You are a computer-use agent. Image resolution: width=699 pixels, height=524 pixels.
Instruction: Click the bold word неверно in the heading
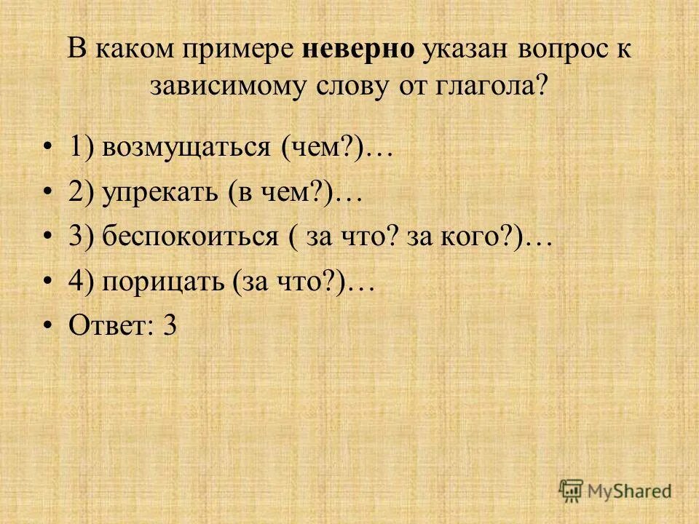tap(357, 50)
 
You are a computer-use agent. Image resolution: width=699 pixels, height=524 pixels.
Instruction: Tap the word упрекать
tap(159, 193)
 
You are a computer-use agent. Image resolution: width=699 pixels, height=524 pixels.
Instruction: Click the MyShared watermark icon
tap(571, 490)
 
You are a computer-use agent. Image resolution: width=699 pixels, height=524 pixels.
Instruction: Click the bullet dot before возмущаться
tap(47, 148)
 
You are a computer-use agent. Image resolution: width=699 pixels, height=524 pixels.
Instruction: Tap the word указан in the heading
tap(467, 50)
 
